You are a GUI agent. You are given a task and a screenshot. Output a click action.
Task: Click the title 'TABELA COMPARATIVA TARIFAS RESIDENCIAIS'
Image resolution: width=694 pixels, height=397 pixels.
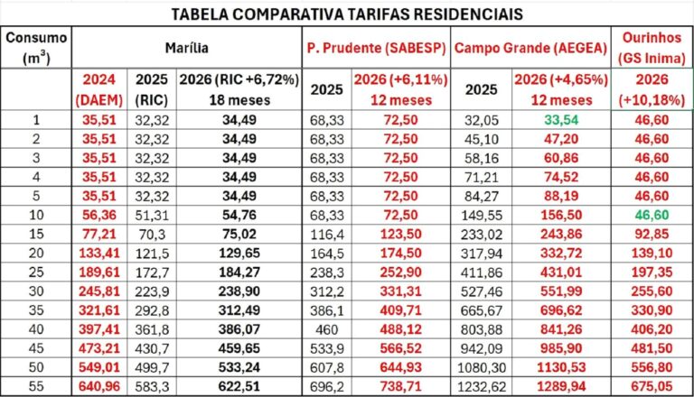(x=346, y=14)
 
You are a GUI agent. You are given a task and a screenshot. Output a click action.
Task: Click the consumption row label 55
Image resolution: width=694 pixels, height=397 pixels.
(x=36, y=384)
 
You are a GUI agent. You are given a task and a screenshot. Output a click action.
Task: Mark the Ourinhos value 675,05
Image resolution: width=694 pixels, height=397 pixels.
(x=652, y=384)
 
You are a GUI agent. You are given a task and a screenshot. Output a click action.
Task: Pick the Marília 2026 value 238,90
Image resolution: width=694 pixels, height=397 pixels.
(x=239, y=291)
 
